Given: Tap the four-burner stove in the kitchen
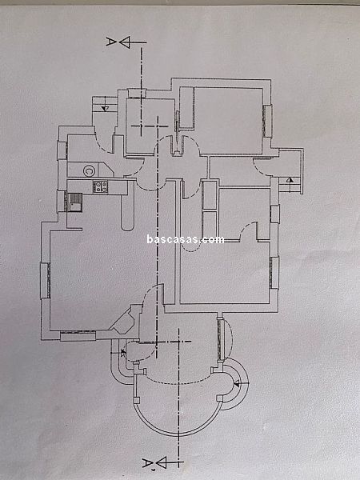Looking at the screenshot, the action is [101, 186].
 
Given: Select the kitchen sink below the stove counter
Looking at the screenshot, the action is [74, 202].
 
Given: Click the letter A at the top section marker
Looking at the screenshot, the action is [110, 42].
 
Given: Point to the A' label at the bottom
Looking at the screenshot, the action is [148, 463].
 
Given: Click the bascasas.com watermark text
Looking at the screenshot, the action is [186, 239].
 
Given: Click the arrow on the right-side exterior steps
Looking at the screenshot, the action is [290, 180].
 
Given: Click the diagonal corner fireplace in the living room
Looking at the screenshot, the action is [124, 320].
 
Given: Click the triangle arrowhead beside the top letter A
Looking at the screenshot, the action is [125, 42].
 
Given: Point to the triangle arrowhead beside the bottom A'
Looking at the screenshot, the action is [161, 462].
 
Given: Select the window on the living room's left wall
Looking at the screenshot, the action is [45, 281].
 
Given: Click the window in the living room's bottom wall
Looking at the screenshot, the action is [78, 336].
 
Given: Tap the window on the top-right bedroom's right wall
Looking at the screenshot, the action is [267, 122].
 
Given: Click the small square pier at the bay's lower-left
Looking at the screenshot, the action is [137, 399].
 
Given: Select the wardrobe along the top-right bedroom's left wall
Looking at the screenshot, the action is [186, 108].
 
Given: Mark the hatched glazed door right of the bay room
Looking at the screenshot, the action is [221, 339].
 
